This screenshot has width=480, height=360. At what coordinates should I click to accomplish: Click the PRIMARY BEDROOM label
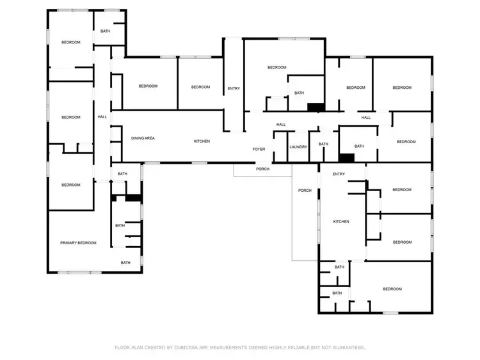point(78,243)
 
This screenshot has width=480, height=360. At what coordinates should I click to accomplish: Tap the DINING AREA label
point(143,138)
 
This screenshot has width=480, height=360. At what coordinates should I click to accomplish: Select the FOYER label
point(259,149)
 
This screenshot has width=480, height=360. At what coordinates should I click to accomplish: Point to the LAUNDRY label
point(298,146)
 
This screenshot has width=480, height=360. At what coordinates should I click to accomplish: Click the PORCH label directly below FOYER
point(262,169)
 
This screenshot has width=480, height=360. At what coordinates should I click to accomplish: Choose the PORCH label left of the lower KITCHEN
point(305,191)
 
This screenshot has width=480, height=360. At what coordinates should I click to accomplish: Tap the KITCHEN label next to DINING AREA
point(202,141)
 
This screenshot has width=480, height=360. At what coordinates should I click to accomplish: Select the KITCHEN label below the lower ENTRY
point(341,221)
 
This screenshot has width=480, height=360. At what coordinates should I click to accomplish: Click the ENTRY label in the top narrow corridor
point(234,88)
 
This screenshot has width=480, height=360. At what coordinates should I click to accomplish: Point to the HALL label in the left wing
point(102,117)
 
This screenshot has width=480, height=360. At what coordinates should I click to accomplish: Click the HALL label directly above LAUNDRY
point(281,124)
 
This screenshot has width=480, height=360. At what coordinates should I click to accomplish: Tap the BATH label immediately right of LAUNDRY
point(323,144)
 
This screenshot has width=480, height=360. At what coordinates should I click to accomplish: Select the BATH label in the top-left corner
point(105,31)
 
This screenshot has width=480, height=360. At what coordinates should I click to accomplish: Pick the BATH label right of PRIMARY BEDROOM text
point(125,262)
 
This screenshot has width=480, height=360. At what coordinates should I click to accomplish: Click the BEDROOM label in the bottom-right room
point(392,289)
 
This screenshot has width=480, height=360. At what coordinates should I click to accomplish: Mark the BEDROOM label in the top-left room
point(70,42)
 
